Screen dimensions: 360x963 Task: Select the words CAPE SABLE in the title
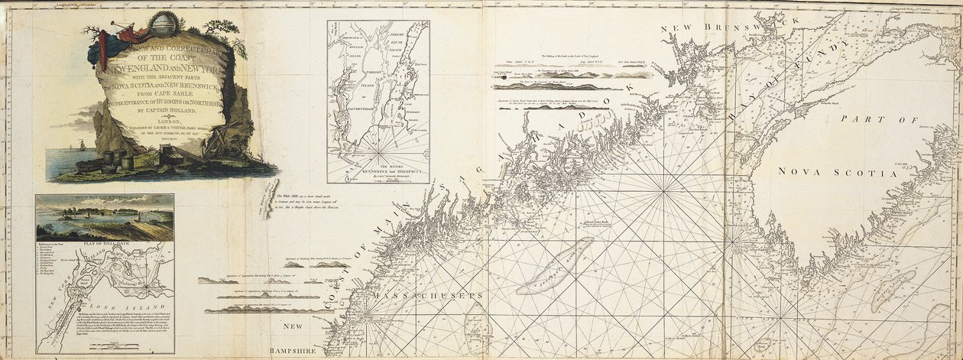coord(165,97)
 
